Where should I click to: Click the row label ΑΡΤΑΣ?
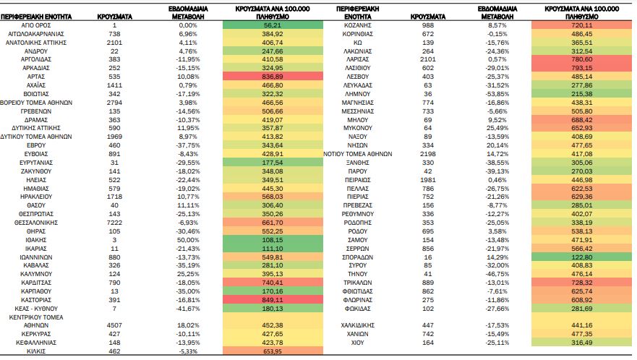[x=35, y=77]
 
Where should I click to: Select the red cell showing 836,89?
[x=273, y=77]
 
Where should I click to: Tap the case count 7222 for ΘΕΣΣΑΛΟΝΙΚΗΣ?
[x=114, y=223]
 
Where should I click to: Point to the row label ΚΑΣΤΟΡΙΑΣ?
[x=35, y=300]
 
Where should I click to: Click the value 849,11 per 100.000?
[x=273, y=300]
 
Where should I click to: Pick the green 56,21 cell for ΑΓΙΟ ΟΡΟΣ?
[x=273, y=25]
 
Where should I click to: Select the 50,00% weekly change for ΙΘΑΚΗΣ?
[x=188, y=240]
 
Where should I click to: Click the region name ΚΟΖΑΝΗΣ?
[x=357, y=25]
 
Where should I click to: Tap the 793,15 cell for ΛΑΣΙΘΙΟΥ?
[x=581, y=68]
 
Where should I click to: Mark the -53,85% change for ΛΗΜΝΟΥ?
[x=497, y=94]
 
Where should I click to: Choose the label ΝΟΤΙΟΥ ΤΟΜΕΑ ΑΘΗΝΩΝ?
[x=357, y=154]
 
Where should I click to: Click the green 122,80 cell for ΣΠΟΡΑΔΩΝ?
[x=581, y=257]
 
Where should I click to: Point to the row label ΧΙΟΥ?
[x=357, y=343]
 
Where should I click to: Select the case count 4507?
[x=114, y=325]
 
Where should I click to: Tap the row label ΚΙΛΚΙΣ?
[x=35, y=351]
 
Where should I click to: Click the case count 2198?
[x=428, y=154]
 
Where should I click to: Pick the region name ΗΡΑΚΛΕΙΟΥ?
[x=35, y=197]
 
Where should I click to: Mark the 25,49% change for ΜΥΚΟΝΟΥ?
[x=497, y=128]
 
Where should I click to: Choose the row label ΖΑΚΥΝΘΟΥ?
[x=35, y=171]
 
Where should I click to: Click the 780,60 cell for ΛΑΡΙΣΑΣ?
[x=581, y=59]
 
